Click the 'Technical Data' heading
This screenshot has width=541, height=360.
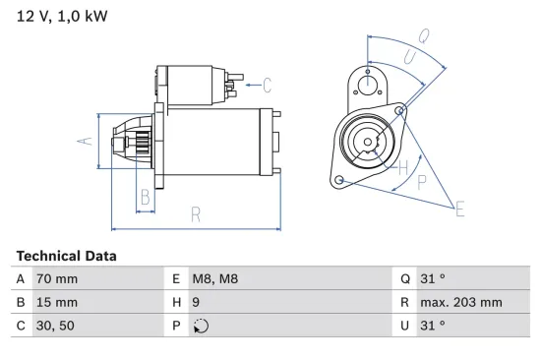click(66, 256)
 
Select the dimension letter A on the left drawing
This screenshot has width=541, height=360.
click(85, 141)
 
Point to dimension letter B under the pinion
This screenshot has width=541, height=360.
click(145, 196)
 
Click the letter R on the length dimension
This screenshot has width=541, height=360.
click(196, 213)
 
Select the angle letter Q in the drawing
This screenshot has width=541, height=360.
click(423, 35)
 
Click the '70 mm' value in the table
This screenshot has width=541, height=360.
click(56, 279)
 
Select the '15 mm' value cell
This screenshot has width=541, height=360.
click(56, 302)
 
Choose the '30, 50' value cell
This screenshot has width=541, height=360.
click(55, 325)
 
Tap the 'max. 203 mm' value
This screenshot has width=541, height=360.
click(462, 302)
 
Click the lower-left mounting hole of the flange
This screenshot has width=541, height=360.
click(340, 181)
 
